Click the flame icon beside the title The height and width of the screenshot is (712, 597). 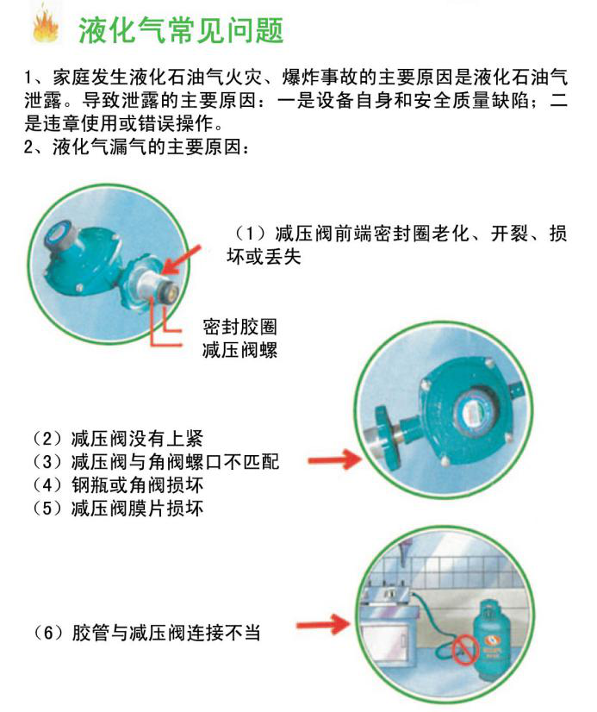[46, 26]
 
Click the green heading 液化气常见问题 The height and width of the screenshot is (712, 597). [181, 30]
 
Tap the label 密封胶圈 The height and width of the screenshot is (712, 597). [239, 327]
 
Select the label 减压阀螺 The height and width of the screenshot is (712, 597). [239, 350]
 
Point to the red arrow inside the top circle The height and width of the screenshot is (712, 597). [182, 259]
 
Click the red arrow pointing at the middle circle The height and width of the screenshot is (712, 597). [335, 459]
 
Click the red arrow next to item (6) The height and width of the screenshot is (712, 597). [324, 625]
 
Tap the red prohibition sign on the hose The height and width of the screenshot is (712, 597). [465, 650]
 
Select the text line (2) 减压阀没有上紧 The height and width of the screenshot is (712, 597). [118, 439]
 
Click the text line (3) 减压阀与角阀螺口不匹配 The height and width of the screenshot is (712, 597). [156, 462]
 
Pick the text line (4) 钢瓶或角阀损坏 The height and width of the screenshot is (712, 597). [118, 485]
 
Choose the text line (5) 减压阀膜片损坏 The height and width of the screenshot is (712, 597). [118, 508]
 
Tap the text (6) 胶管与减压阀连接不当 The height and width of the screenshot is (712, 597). [146, 633]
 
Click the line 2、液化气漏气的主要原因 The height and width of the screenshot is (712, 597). [137, 147]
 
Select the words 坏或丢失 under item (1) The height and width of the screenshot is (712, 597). [264, 257]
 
